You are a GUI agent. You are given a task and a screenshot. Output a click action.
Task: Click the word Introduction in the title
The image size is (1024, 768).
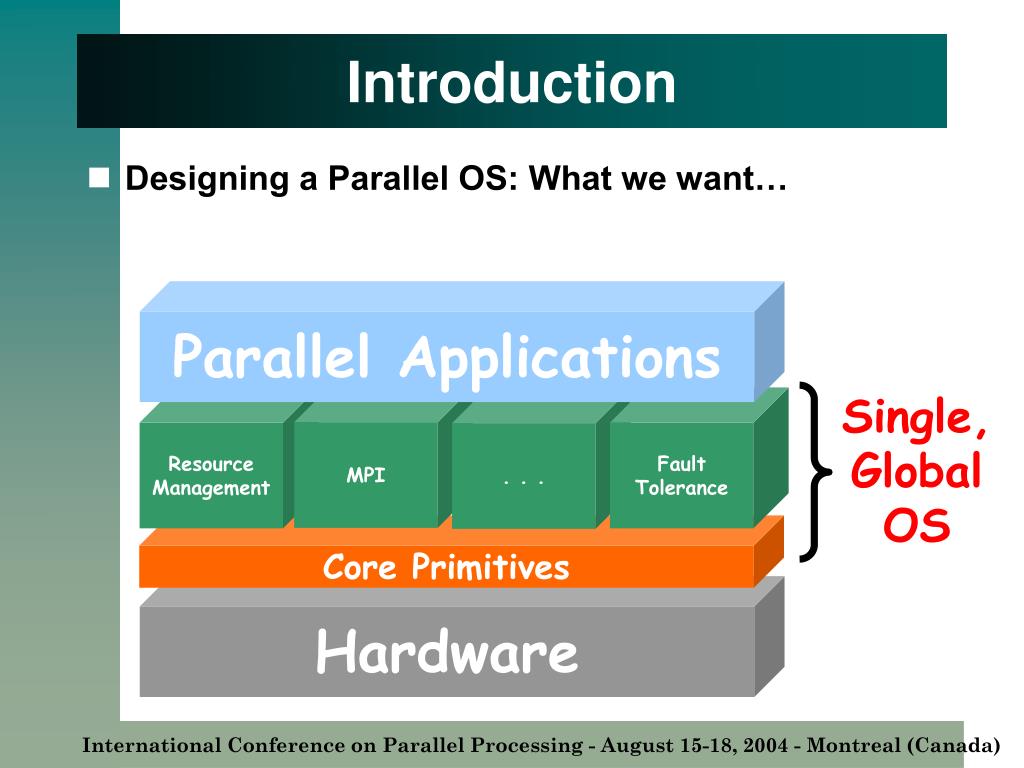coord(511,82)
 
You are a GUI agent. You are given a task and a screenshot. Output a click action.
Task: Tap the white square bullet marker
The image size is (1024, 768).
coord(99,178)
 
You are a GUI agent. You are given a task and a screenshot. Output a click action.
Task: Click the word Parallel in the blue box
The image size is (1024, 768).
coord(270,356)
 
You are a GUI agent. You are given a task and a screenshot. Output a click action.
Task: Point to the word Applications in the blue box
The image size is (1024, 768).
coord(560,360)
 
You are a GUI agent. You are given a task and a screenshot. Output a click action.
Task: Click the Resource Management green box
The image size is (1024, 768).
coord(211,475)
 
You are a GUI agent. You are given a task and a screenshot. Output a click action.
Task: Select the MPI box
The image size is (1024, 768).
coord(366,475)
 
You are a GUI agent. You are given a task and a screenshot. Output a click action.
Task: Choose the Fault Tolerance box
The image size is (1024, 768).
coord(682,475)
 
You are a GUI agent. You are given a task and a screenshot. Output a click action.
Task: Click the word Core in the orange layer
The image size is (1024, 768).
coord(359,567)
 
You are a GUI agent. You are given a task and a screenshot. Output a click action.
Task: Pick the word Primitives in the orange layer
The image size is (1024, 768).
coord(490,567)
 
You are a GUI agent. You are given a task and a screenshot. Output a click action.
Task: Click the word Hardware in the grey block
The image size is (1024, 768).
coord(447,651)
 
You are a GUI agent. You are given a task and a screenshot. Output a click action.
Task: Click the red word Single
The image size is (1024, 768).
coord(914,418)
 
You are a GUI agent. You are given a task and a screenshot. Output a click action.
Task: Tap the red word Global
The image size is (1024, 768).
coord(916,470)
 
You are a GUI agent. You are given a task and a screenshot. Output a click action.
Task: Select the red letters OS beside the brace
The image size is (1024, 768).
coord(916,525)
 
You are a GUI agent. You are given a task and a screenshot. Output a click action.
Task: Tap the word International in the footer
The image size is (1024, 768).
coord(152,745)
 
